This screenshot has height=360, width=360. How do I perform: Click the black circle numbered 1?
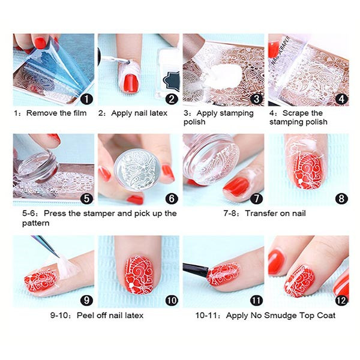coord(87,99)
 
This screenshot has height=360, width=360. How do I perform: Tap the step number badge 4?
coord(341,99)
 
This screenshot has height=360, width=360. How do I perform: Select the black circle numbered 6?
coord(172,199)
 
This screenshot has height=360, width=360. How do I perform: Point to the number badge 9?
coord(87,301)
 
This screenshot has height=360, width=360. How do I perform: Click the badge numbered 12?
coord(341,301)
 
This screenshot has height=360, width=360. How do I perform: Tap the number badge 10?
coord(172,301)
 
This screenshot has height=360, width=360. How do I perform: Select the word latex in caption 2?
coord(158,113)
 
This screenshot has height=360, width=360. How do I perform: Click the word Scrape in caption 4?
coord(296,113)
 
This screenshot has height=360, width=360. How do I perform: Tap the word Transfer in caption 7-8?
coord(260,213)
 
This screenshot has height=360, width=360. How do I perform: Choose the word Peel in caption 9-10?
coord(85,315)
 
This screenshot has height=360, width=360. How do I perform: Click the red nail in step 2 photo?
coord(130,83)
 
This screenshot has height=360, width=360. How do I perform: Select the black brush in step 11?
coord(196,269)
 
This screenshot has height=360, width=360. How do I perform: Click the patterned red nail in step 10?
coord(139,275)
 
